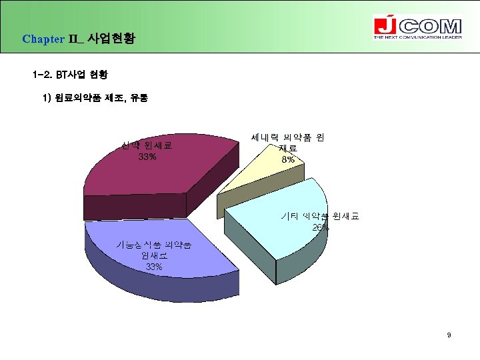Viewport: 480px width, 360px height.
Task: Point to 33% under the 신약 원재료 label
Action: coord(147,157)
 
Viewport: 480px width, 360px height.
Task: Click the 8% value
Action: coord(288,160)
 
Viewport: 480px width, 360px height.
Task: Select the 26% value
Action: coord(320,227)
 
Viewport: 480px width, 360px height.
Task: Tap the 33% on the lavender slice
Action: coord(154,267)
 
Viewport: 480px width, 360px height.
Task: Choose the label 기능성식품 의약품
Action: coord(154,244)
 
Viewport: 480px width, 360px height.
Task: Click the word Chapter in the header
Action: coord(43,39)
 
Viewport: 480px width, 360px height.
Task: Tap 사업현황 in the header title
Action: coord(111,39)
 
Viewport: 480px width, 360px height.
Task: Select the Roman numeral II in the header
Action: coord(74,39)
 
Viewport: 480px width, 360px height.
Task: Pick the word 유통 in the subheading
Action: coord(139,98)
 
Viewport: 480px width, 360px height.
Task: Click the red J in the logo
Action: coord(385,27)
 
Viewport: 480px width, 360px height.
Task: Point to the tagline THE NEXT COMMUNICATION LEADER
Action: coord(417,38)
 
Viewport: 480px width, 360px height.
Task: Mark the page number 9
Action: coord(449,335)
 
